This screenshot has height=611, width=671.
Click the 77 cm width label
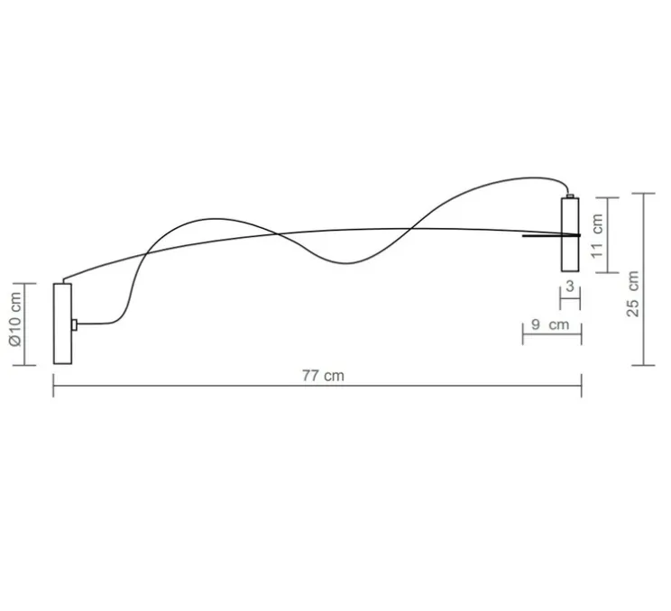point(323,376)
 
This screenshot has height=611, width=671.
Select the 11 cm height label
point(597,235)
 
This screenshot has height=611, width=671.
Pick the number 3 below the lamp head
point(569,286)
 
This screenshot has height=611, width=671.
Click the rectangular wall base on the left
point(62,324)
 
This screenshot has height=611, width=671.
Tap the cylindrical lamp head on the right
point(570,233)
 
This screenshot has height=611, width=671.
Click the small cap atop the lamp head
point(570,193)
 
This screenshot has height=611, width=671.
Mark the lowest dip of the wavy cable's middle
point(347,263)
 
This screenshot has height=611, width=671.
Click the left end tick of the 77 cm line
point(53,388)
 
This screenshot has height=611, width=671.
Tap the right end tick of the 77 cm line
point(582,388)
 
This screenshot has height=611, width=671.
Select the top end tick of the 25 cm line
point(642,194)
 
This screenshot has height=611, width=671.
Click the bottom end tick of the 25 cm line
point(642,365)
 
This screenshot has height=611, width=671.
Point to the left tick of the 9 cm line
point(523,334)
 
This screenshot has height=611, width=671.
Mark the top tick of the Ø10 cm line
point(26,283)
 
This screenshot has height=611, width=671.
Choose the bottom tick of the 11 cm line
point(611,271)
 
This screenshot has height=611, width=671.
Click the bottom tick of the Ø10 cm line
point(26,365)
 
